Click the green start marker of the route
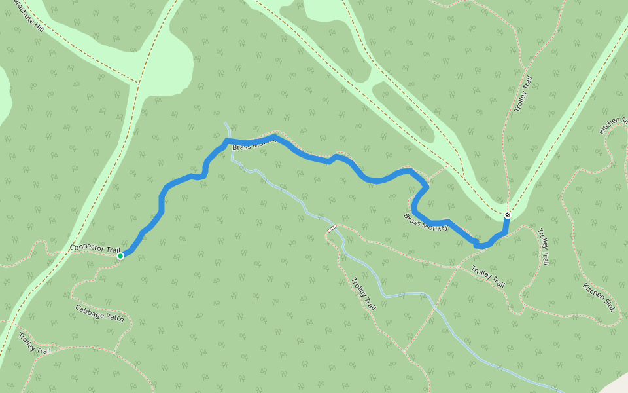120,256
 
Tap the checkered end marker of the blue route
508,215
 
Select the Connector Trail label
95,250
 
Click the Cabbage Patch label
99,312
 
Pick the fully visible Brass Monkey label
426,222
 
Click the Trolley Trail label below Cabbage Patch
34,343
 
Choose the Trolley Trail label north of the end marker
523,94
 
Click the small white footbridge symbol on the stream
332,229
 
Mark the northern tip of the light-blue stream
226,122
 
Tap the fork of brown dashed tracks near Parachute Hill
138,83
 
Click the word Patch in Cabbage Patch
113,317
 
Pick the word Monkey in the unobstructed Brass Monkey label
436,226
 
